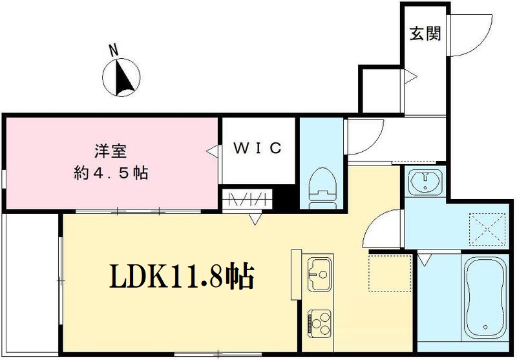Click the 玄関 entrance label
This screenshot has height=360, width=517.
(x=425, y=33)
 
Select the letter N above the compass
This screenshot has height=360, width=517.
(x=114, y=49)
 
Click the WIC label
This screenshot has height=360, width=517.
(x=257, y=149)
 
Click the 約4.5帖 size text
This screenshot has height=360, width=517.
(x=111, y=173)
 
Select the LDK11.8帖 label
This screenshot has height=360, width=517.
(x=180, y=277)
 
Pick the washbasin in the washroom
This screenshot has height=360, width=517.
(x=425, y=180)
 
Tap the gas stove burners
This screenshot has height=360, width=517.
(x=319, y=321)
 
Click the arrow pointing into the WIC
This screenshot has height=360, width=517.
(x=211, y=150)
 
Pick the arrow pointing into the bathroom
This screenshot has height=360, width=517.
(x=424, y=260)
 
